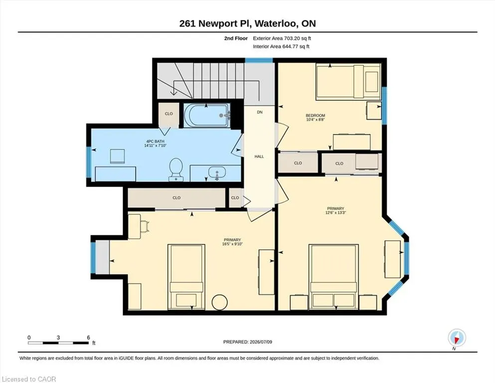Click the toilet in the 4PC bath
[x=176, y=170]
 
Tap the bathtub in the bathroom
[x=207, y=115]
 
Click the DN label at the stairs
[x=260, y=112]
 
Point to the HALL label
[x=259, y=156]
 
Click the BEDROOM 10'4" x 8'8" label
[x=316, y=118]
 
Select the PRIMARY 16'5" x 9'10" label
[x=232, y=242]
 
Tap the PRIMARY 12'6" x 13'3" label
[x=335, y=210]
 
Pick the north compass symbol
[x=457, y=338]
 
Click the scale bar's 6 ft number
[x=88, y=337]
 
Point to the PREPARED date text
[x=247, y=342]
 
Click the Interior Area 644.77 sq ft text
[x=281, y=46]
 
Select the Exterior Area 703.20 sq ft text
[x=282, y=38]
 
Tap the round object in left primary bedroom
[x=219, y=303]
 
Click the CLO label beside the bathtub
[x=169, y=114]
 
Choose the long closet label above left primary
[x=176, y=197]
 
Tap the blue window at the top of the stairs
[x=259, y=60]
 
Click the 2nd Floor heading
[x=236, y=38]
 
